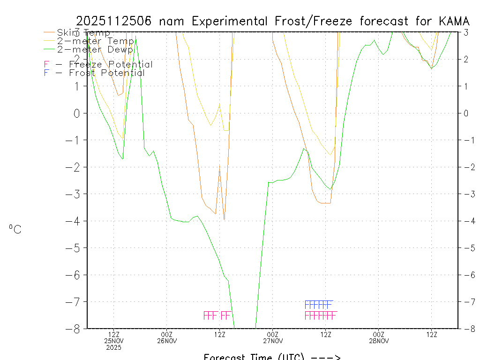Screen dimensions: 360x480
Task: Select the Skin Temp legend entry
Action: coord(83,33)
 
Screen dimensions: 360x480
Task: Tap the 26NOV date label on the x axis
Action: coord(167,341)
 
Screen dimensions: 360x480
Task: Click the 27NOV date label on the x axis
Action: coord(273,341)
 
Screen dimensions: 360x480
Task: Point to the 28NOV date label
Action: coord(379,341)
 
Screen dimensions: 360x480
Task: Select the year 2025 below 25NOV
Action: coord(114,347)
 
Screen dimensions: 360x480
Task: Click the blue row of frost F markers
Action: coord(319,304)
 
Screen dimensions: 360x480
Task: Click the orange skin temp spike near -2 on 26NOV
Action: coord(220,166)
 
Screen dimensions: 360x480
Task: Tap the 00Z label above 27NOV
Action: coord(273,334)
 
